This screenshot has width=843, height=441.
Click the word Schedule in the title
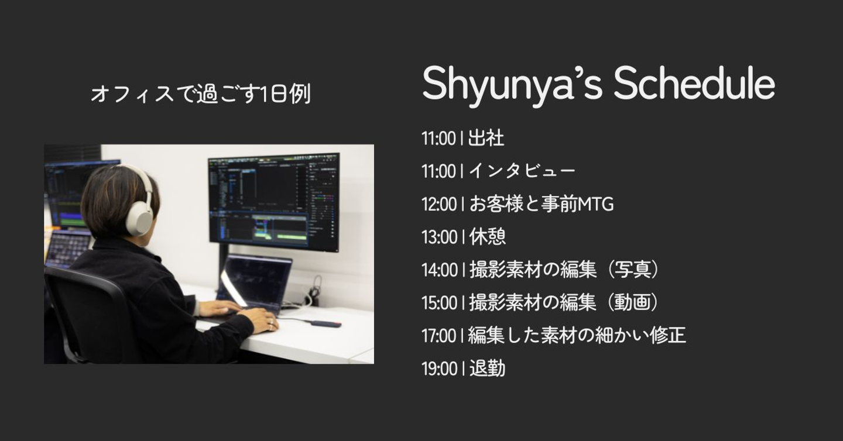tap(694, 83)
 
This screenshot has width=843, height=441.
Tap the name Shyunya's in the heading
tap(512, 87)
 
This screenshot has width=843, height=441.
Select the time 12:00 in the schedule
tap(439, 205)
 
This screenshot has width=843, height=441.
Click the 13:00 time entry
tap(439, 237)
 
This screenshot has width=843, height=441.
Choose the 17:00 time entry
tap(439, 336)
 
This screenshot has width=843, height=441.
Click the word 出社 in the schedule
tap(486, 139)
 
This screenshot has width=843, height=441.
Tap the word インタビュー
tap(522, 171)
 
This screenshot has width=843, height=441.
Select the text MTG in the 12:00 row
tap(595, 205)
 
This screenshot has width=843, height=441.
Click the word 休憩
tap(487, 237)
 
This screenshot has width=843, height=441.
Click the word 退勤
tap(487, 368)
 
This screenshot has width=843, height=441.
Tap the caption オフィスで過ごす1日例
tap(201, 94)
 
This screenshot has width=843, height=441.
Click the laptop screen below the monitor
tap(255, 280)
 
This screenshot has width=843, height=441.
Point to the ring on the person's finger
tap(270, 322)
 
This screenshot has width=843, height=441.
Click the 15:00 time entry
tap(439, 303)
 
